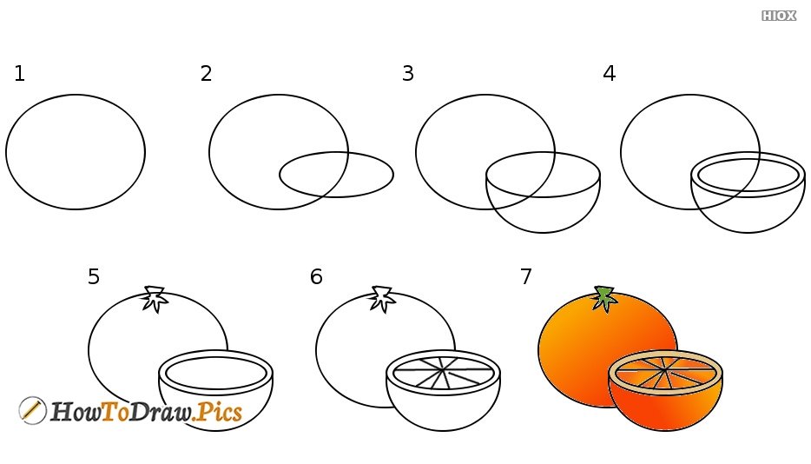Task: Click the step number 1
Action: [x=20, y=74]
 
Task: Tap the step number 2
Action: [x=206, y=74]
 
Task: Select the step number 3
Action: [x=407, y=74]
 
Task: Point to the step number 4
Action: [x=610, y=74]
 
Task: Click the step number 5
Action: [x=94, y=276]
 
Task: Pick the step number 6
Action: [x=316, y=276]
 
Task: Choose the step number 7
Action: [x=526, y=276]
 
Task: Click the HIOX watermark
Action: [x=778, y=16]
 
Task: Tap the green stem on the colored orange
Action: [x=603, y=299]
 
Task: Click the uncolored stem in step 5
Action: [x=155, y=299]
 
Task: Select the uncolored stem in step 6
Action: [x=383, y=299]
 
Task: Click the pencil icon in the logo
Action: [x=32, y=411]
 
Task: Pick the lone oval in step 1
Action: [x=6, y=152]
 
